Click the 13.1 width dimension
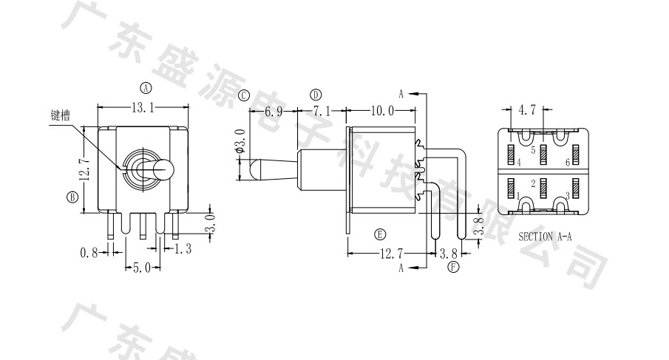(x=143, y=108)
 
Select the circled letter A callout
(x=146, y=88)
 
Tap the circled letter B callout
(x=73, y=197)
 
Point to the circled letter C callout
(x=244, y=95)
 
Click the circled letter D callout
(x=316, y=95)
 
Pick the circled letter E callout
(x=380, y=234)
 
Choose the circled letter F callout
(x=454, y=268)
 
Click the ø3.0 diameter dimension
(x=240, y=141)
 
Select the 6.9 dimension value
(x=274, y=112)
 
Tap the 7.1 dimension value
(x=322, y=112)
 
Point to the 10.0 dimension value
(x=382, y=112)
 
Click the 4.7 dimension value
(x=526, y=110)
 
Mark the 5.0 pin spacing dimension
(x=142, y=268)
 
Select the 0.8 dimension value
(x=89, y=253)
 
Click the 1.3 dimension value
(x=183, y=248)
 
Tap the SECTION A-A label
(x=545, y=237)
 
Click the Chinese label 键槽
(x=60, y=115)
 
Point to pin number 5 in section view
(x=533, y=150)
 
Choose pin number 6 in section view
(x=568, y=162)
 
